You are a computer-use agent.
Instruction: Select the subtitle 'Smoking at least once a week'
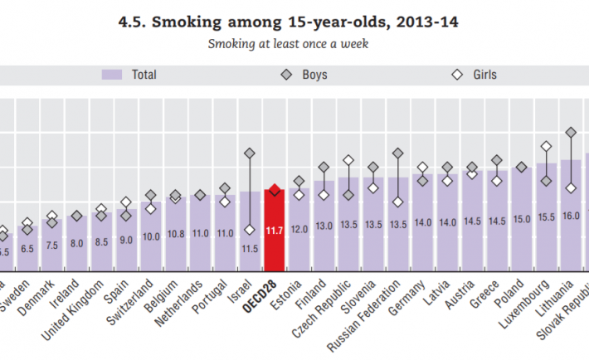(289, 43)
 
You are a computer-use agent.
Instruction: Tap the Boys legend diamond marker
(285, 75)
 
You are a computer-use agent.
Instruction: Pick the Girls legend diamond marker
(455, 75)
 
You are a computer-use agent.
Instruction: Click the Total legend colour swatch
(113, 75)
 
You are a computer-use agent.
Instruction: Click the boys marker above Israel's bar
(249, 153)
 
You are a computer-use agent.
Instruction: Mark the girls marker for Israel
(249, 230)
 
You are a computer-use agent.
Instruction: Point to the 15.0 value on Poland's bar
(522, 219)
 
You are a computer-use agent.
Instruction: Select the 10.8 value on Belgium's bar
(175, 235)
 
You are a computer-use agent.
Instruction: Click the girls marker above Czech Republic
(348, 160)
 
